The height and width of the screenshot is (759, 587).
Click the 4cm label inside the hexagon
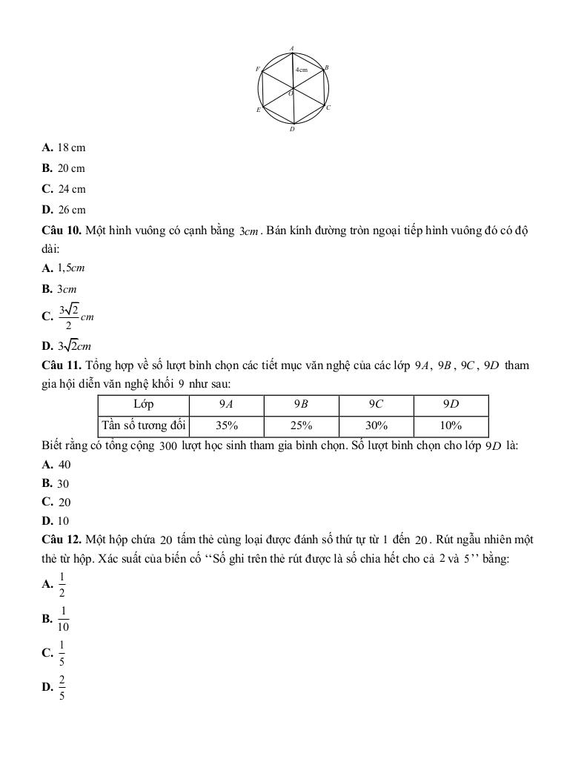coord(302,69)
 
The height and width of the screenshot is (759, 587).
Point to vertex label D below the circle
coord(292,129)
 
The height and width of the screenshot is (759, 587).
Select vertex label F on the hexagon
coord(257,69)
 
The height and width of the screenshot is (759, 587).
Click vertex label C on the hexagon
coord(328,107)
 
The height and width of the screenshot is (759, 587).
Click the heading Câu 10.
coord(62,231)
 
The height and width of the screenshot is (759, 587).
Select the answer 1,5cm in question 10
coord(72,268)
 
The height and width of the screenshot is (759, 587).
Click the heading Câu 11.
coord(62,365)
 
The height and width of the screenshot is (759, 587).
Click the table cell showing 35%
coord(227,426)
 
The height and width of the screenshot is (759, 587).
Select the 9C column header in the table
coord(376,405)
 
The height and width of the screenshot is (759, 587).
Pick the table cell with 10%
coord(451,426)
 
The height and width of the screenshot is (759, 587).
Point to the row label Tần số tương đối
coord(144,426)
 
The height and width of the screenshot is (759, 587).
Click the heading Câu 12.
coord(62,539)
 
